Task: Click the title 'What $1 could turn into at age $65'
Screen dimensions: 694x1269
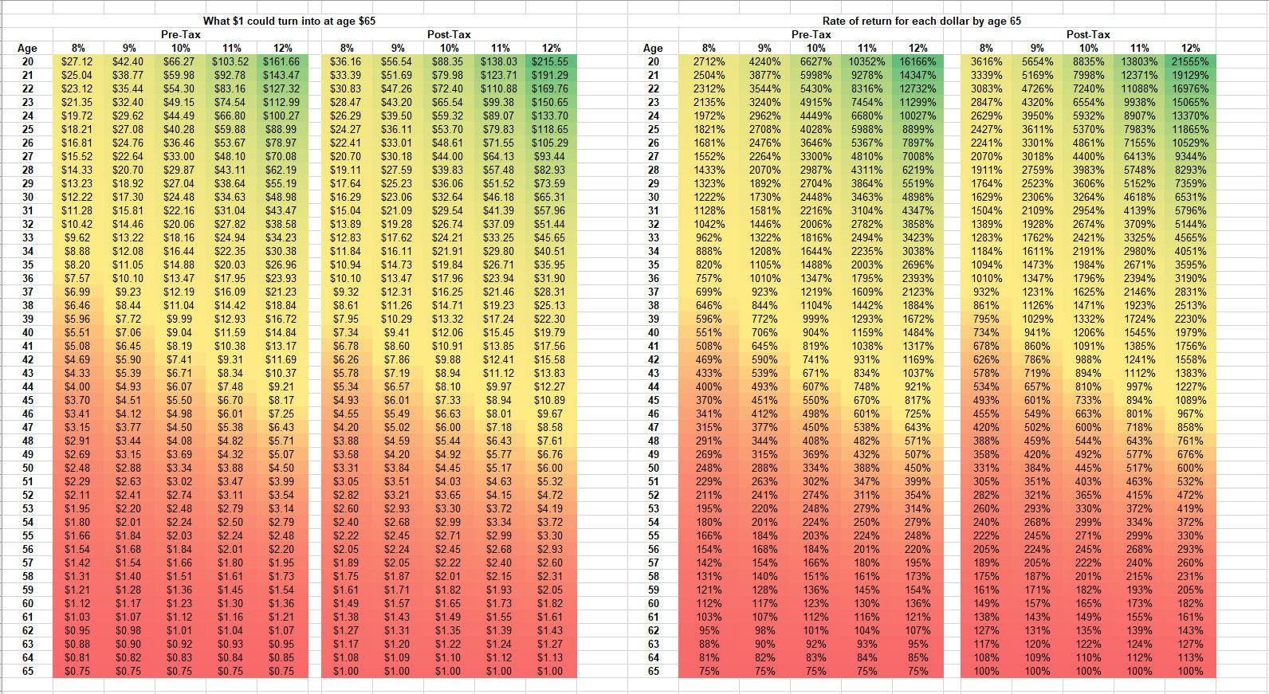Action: pyautogui.click(x=289, y=21)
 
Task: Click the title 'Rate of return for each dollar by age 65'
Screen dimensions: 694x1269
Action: pyautogui.click(x=921, y=21)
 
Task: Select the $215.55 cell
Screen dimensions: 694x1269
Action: pyautogui.click(x=551, y=61)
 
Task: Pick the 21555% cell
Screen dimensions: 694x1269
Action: pyautogui.click(x=1190, y=61)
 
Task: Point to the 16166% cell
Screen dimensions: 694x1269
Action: pyautogui.click(x=918, y=61)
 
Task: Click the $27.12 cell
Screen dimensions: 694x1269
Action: pyautogui.click(x=77, y=61)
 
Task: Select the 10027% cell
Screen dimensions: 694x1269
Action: pyautogui.click(x=918, y=116)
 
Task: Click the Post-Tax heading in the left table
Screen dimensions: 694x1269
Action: pyautogui.click(x=449, y=34)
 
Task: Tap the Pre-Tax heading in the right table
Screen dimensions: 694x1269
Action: pyautogui.click(x=811, y=34)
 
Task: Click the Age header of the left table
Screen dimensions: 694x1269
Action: pyautogui.click(x=27, y=48)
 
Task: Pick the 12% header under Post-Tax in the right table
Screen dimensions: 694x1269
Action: pyautogui.click(x=1191, y=48)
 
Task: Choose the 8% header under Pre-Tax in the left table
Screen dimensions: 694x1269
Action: pyautogui.click(x=78, y=48)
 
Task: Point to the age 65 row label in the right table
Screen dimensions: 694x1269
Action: pyautogui.click(x=654, y=671)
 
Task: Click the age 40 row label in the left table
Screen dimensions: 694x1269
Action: pyautogui.click(x=27, y=332)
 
